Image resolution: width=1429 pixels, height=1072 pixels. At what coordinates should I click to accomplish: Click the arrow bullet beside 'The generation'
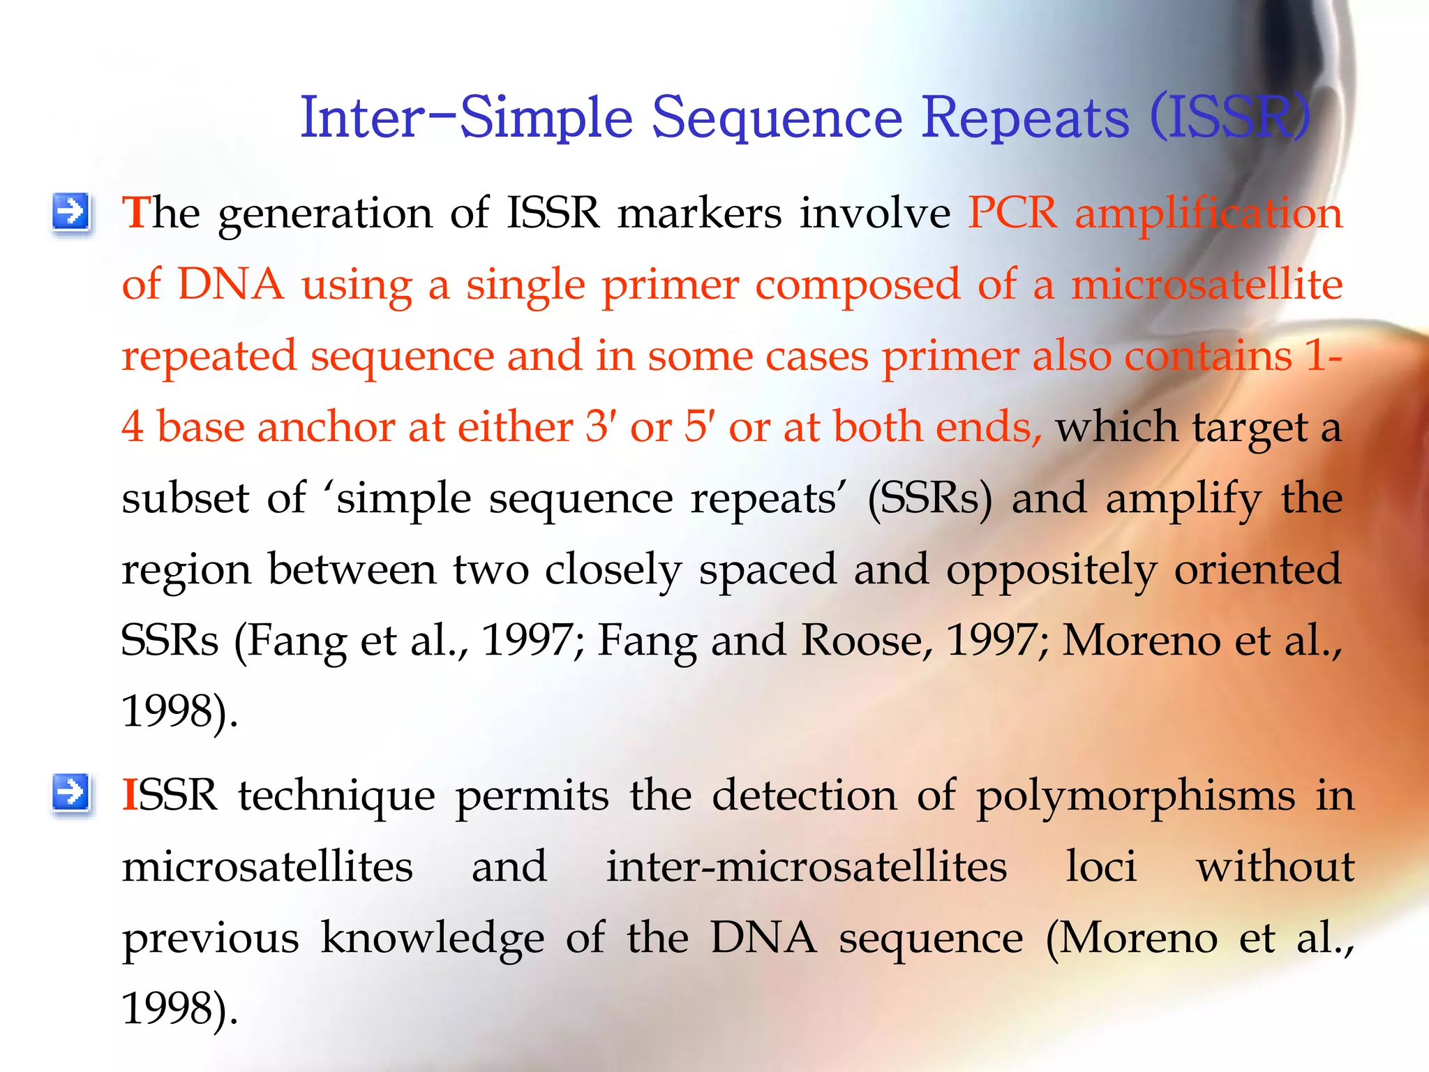[x=71, y=211]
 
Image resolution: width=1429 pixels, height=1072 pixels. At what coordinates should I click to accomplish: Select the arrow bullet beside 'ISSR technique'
[x=71, y=794]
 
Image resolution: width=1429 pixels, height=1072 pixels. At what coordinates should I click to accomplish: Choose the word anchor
[x=327, y=426]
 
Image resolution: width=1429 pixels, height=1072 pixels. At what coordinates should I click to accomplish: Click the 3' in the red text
[x=597, y=426]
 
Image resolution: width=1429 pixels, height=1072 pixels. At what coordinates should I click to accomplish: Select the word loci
[x=1101, y=866]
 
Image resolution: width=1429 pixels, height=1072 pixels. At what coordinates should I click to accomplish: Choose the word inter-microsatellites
[x=806, y=866]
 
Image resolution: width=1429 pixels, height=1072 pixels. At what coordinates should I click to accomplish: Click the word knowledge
[x=432, y=938]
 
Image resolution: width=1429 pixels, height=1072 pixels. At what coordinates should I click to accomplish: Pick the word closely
[x=612, y=571]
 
